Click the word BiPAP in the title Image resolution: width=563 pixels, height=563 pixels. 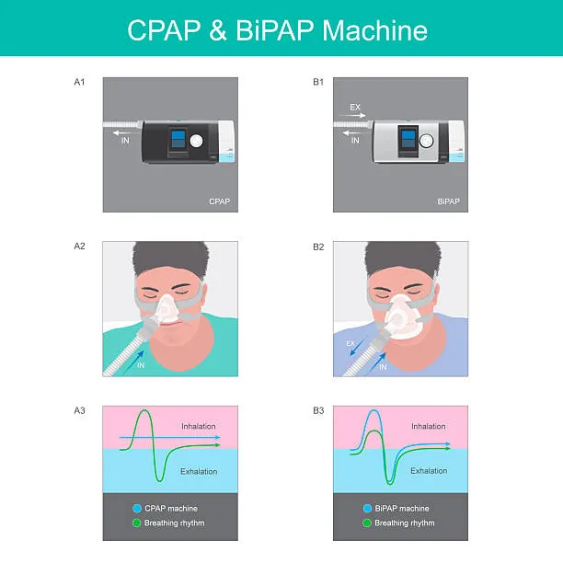tap(274, 30)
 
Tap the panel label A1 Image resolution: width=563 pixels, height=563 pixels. tap(79, 82)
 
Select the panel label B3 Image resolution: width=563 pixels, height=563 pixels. tap(318, 410)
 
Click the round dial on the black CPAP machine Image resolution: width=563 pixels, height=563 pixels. tap(196, 141)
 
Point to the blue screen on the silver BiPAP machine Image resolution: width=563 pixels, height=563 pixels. tap(408, 139)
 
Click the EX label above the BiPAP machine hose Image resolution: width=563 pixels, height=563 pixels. tap(355, 107)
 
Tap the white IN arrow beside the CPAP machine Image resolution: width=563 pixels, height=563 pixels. tap(121, 133)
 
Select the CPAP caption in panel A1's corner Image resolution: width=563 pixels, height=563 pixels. tap(219, 201)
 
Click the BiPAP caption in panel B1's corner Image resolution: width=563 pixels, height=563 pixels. tap(448, 201)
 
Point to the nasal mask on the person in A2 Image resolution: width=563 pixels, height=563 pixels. tap(167, 308)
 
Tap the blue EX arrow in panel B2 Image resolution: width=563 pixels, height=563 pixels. tap(359, 345)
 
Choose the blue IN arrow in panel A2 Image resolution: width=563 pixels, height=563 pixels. tap(134, 362)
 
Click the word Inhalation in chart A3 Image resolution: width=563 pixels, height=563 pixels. tap(199, 426)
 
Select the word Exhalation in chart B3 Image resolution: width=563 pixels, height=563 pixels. tap(429, 471)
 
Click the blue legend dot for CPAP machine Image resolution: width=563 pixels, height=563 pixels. tap(137, 509)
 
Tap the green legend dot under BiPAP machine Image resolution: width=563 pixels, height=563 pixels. tap(367, 523)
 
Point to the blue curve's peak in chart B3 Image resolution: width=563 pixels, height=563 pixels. tap(374, 411)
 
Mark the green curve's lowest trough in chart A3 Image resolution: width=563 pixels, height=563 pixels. tap(159, 480)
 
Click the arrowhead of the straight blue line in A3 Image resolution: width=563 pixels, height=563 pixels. tap(218, 438)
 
